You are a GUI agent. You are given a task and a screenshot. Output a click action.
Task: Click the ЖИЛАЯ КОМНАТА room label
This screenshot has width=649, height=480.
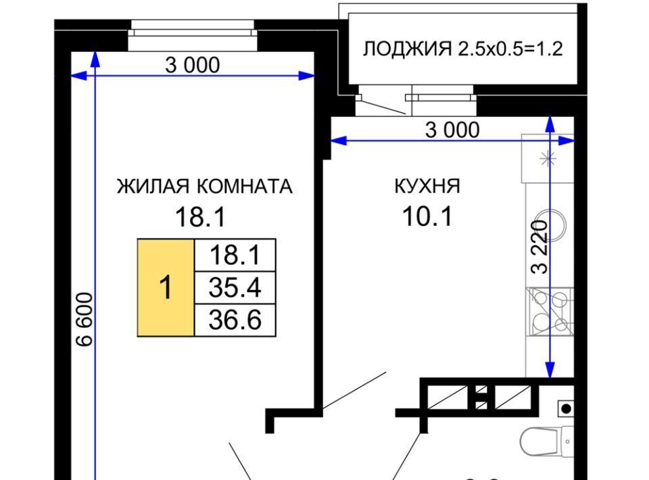point(204,187)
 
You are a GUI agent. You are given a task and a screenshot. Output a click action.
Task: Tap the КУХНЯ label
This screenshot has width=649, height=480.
point(427,186)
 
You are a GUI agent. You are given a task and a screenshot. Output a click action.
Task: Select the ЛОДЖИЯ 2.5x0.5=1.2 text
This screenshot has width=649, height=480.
point(462,49)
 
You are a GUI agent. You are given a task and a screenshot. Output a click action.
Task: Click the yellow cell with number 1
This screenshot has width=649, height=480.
point(166,287)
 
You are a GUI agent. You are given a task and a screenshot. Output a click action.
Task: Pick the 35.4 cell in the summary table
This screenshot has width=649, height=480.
point(235,287)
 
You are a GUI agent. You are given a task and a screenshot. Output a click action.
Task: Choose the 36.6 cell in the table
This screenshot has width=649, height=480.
point(235,320)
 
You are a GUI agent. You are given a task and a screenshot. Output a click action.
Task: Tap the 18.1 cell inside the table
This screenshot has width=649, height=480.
point(235,255)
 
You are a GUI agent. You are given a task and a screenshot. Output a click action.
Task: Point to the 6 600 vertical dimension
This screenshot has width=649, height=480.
point(85,319)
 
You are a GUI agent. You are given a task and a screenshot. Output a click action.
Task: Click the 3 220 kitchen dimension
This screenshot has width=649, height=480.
point(539,247)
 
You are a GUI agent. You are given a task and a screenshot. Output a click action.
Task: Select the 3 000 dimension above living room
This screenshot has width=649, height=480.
point(193,66)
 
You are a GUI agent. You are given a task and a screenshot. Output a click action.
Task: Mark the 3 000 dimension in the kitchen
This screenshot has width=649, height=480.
point(452,130)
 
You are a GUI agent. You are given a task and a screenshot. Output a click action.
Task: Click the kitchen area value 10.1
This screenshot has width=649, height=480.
point(427,216)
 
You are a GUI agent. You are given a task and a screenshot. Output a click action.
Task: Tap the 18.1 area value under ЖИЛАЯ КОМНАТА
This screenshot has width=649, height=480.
point(200,217)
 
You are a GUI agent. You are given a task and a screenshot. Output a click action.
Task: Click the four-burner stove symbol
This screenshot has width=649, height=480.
point(550,311)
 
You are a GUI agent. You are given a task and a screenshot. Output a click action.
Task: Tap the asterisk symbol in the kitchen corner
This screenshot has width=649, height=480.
point(548,158)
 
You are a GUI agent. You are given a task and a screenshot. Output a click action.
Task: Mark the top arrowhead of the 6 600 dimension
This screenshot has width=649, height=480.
point(95,59)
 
